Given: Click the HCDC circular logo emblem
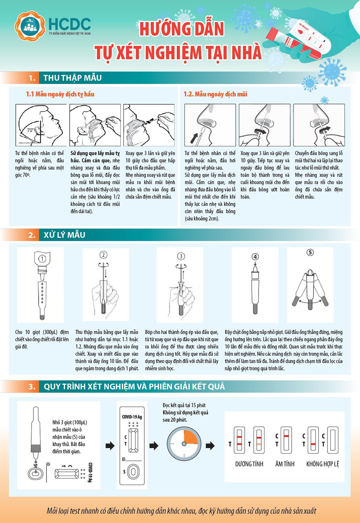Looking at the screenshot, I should coord(29,26).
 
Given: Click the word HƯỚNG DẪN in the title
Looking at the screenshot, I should coord(181,29).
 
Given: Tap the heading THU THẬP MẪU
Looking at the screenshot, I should coord(72,78).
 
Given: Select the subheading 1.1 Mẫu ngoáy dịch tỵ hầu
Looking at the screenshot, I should coord(60,94).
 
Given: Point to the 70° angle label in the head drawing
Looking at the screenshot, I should coord(30,130).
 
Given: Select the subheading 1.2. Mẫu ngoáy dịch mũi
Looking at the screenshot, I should coord(215,94).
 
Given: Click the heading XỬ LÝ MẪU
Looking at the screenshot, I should coord(64,235).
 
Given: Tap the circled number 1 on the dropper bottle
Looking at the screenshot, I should coord(42,259).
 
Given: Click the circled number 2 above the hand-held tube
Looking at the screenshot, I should coord(104,255).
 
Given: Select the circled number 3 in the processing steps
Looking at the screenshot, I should coord(181,256).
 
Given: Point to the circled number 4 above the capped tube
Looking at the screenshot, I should coord(255,257).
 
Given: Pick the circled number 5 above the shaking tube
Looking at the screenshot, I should coord(310,252).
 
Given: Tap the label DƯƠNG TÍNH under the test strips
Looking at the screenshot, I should coord(249,464).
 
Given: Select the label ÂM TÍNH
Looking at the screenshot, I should coord(285,464).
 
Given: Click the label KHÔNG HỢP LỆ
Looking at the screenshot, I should coord(323,464).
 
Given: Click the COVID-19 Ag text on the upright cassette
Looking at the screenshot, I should coord(132,417).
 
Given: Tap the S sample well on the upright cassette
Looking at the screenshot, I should coord(133,472).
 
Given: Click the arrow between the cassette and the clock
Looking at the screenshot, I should coord(154,446).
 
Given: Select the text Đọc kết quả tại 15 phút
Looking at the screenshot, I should coord(184,405).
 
